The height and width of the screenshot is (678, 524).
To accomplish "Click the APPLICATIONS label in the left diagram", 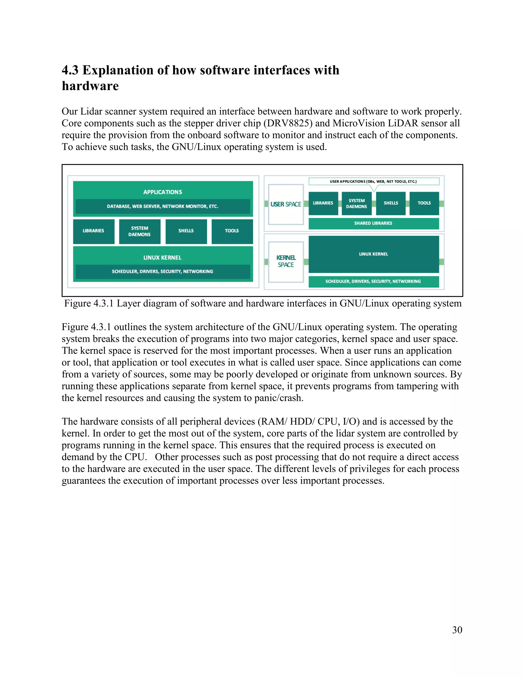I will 163,192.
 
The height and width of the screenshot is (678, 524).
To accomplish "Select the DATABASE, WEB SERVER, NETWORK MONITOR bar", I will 163,206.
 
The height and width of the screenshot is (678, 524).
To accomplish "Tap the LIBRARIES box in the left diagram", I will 93,231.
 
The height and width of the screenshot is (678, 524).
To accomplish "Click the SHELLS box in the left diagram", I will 186,231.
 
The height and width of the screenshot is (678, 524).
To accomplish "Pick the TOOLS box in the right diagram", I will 424,203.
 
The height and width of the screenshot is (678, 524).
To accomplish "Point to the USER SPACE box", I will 286,204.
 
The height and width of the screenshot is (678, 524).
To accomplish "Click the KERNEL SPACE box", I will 286,261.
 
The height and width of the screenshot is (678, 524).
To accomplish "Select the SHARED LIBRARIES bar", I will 374,223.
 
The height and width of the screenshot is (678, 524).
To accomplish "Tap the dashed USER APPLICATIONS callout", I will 374,181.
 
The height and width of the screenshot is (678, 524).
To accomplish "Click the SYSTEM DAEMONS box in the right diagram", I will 356,203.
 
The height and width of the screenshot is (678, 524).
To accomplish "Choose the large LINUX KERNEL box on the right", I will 374,254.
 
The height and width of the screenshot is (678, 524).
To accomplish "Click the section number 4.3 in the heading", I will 70,70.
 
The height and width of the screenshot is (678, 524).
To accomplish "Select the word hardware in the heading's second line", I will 90,86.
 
